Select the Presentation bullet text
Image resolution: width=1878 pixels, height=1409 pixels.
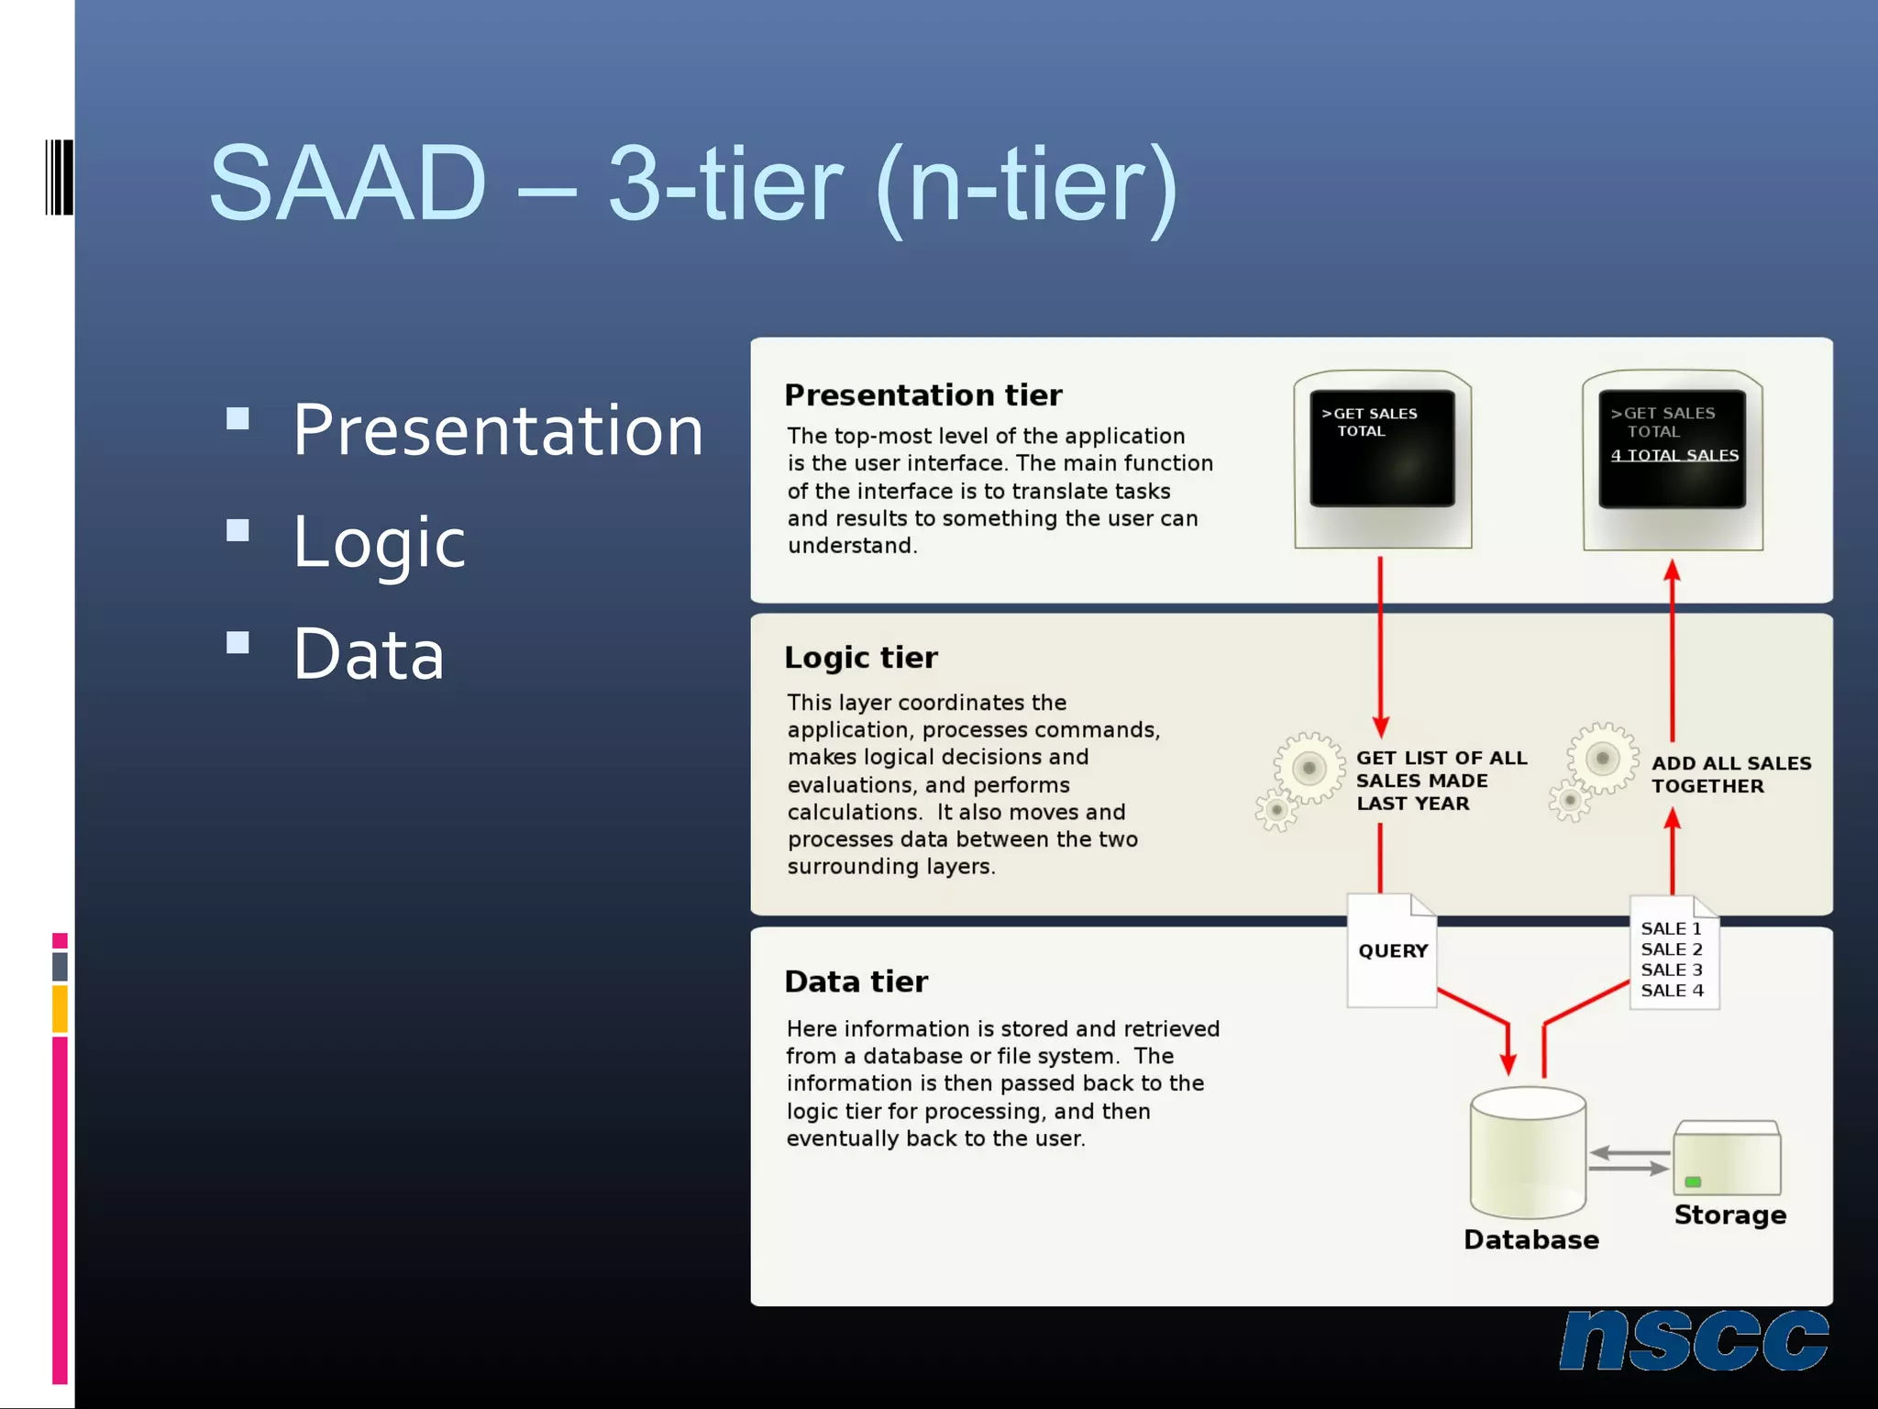[x=498, y=430]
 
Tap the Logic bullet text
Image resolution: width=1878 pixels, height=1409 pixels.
[x=379, y=542]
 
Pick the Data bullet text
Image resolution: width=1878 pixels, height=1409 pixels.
[x=369, y=654]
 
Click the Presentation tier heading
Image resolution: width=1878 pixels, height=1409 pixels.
[x=922, y=395]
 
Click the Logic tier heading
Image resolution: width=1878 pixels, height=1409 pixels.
[x=860, y=658]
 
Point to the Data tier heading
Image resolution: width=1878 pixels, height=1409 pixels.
[x=856, y=982]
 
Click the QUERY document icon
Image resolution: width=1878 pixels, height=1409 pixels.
[x=1391, y=951]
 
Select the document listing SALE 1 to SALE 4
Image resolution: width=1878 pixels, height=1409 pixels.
[x=1673, y=954]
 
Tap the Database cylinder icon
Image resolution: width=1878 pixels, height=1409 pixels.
[x=1528, y=1153]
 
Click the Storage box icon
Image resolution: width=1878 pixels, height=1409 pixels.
[x=1726, y=1159]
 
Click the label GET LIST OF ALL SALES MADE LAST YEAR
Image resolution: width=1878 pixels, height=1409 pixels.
[x=1440, y=781]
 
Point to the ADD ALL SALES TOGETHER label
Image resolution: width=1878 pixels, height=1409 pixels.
[x=1729, y=774]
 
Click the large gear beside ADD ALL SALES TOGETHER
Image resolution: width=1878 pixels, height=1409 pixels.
[x=1601, y=759]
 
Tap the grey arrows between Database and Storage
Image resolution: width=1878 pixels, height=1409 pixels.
[x=1629, y=1160]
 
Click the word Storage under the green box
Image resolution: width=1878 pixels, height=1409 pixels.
[x=1729, y=1215]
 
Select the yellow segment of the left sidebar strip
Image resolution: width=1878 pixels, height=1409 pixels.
[x=60, y=1008]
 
